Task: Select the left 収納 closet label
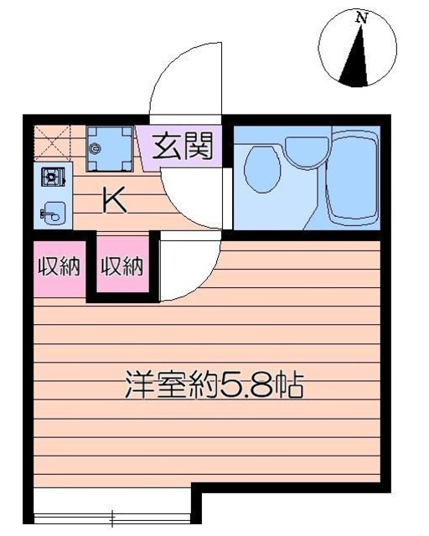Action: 59,267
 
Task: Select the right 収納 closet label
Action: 122,267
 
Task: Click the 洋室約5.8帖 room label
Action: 213,387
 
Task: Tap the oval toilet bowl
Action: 261,167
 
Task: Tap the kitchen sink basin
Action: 52,213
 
